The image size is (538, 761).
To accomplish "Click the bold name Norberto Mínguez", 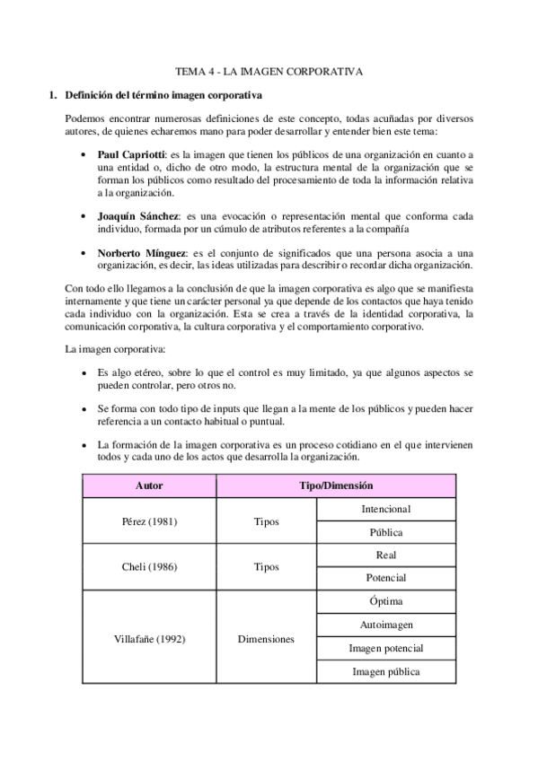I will tap(143, 252).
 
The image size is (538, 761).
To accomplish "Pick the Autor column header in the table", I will tap(149, 485).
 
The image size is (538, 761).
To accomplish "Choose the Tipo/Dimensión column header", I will tap(335, 485).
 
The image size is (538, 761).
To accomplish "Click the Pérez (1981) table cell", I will tap(149, 520).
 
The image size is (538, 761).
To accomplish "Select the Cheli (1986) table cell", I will tap(149, 566).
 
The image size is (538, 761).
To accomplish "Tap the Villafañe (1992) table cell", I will tap(149, 636).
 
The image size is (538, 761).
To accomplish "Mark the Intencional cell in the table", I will tap(385, 509).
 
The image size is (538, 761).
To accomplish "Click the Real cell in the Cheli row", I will tap(385, 555).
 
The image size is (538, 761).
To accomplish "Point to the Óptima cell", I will tap(385, 601).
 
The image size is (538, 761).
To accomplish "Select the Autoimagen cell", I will tap(385, 625).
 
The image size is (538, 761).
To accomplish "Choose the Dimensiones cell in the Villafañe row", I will tap(266, 636).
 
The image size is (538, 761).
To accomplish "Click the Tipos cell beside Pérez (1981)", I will tap(266, 520).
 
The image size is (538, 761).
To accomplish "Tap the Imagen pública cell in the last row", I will tap(385, 671).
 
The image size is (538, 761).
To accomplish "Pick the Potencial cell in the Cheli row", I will tap(385, 578).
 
